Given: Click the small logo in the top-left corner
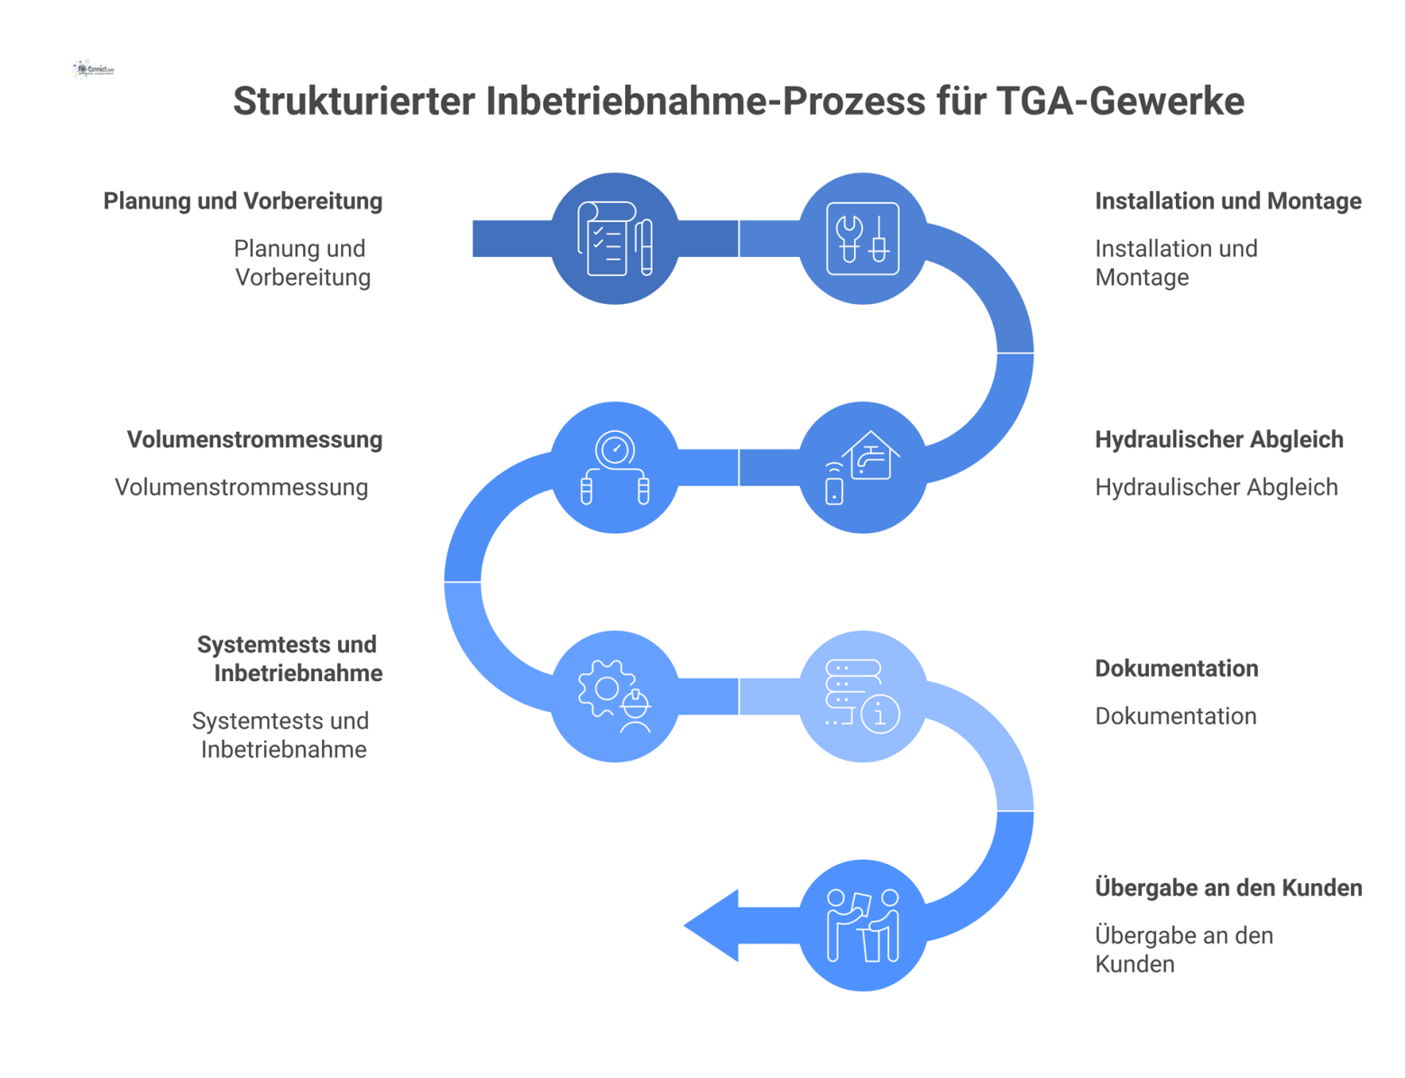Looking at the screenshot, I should [x=94, y=69].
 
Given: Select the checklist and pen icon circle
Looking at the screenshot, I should [x=615, y=238].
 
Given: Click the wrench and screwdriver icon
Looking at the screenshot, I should [x=863, y=238].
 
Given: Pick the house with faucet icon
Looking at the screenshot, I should [x=863, y=467].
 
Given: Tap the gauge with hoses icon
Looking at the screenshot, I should [x=615, y=467].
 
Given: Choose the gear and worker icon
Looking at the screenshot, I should [x=615, y=696].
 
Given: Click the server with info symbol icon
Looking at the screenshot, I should [x=863, y=696].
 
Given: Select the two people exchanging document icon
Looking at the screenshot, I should [x=863, y=925].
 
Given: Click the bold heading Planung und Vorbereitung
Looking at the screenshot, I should [x=243, y=201].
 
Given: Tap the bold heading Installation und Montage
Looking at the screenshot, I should [x=1227, y=201].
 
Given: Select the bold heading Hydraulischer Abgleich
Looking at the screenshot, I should [x=1218, y=439].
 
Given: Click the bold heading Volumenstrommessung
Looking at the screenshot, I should [x=254, y=439].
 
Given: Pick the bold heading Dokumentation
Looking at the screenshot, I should [x=1176, y=668].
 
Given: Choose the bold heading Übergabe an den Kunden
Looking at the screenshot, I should [x=1227, y=888].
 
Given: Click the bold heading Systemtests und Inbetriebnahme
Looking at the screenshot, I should [x=289, y=659].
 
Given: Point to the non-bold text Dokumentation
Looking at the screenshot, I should [x=1175, y=716].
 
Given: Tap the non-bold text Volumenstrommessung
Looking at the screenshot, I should [x=241, y=487].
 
